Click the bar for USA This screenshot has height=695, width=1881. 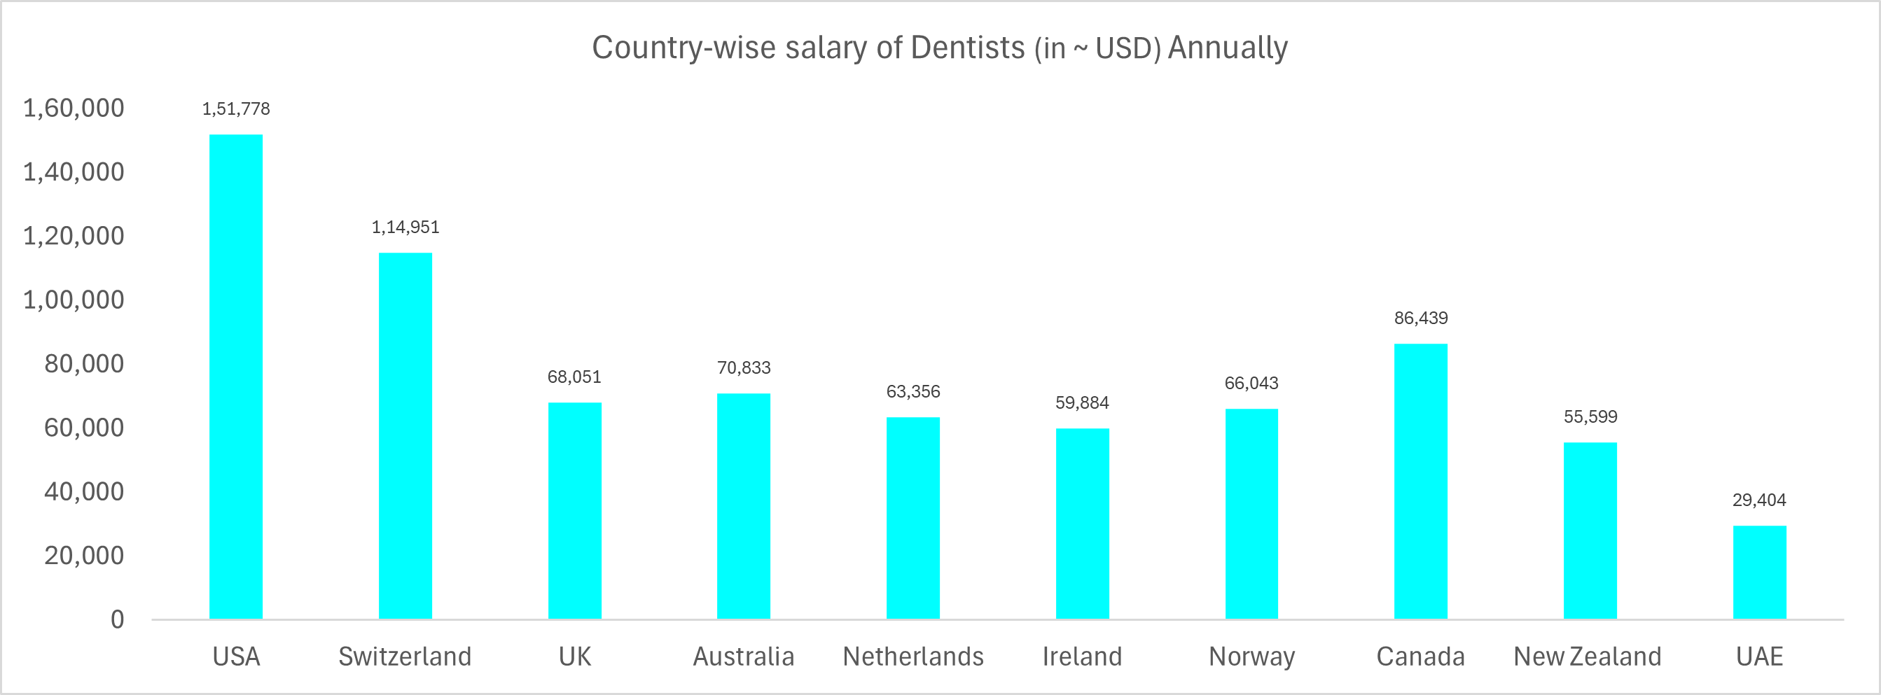(x=236, y=376)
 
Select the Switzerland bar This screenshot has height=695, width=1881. (x=405, y=436)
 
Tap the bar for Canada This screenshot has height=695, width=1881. (x=1420, y=481)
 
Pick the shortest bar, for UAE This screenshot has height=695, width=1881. (x=1759, y=573)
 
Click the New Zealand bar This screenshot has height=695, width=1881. (x=1590, y=531)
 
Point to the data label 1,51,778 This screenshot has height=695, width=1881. (x=236, y=108)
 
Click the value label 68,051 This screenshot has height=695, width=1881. (x=574, y=377)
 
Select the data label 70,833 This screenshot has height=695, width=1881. (x=743, y=367)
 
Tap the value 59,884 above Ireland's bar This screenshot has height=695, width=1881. (x=1081, y=402)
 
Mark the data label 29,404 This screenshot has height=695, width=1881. (x=1759, y=500)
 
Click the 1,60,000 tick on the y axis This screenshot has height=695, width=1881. (x=74, y=108)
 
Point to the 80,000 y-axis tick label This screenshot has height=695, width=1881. (x=84, y=363)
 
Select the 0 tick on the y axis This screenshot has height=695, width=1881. (x=117, y=620)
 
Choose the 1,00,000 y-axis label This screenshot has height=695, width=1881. (x=74, y=300)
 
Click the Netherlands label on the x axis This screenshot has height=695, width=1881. (x=912, y=657)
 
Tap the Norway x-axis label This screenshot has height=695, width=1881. (x=1251, y=657)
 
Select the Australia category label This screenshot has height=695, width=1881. (x=743, y=657)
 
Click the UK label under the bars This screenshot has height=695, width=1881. (x=574, y=657)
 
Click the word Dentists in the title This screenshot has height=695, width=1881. (x=968, y=48)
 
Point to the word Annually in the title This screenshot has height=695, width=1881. (x=1228, y=48)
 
